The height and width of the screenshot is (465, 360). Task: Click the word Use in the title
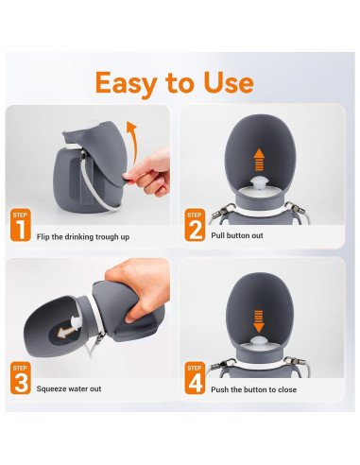point(229,82)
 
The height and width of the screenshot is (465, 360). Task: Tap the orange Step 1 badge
point(21,225)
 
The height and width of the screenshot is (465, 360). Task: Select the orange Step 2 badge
point(195,225)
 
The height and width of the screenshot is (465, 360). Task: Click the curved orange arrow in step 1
point(133,142)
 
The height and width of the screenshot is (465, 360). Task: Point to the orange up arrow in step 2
point(259,160)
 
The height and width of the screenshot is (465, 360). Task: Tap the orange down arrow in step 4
point(259,321)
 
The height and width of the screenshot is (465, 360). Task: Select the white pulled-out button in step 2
point(259,183)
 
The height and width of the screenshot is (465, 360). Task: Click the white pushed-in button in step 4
point(259,340)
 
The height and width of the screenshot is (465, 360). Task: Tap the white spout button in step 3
point(77,324)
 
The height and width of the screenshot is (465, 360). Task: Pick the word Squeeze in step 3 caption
point(50,389)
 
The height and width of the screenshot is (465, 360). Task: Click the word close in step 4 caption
point(287,389)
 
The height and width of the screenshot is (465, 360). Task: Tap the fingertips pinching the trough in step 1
point(130,177)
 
